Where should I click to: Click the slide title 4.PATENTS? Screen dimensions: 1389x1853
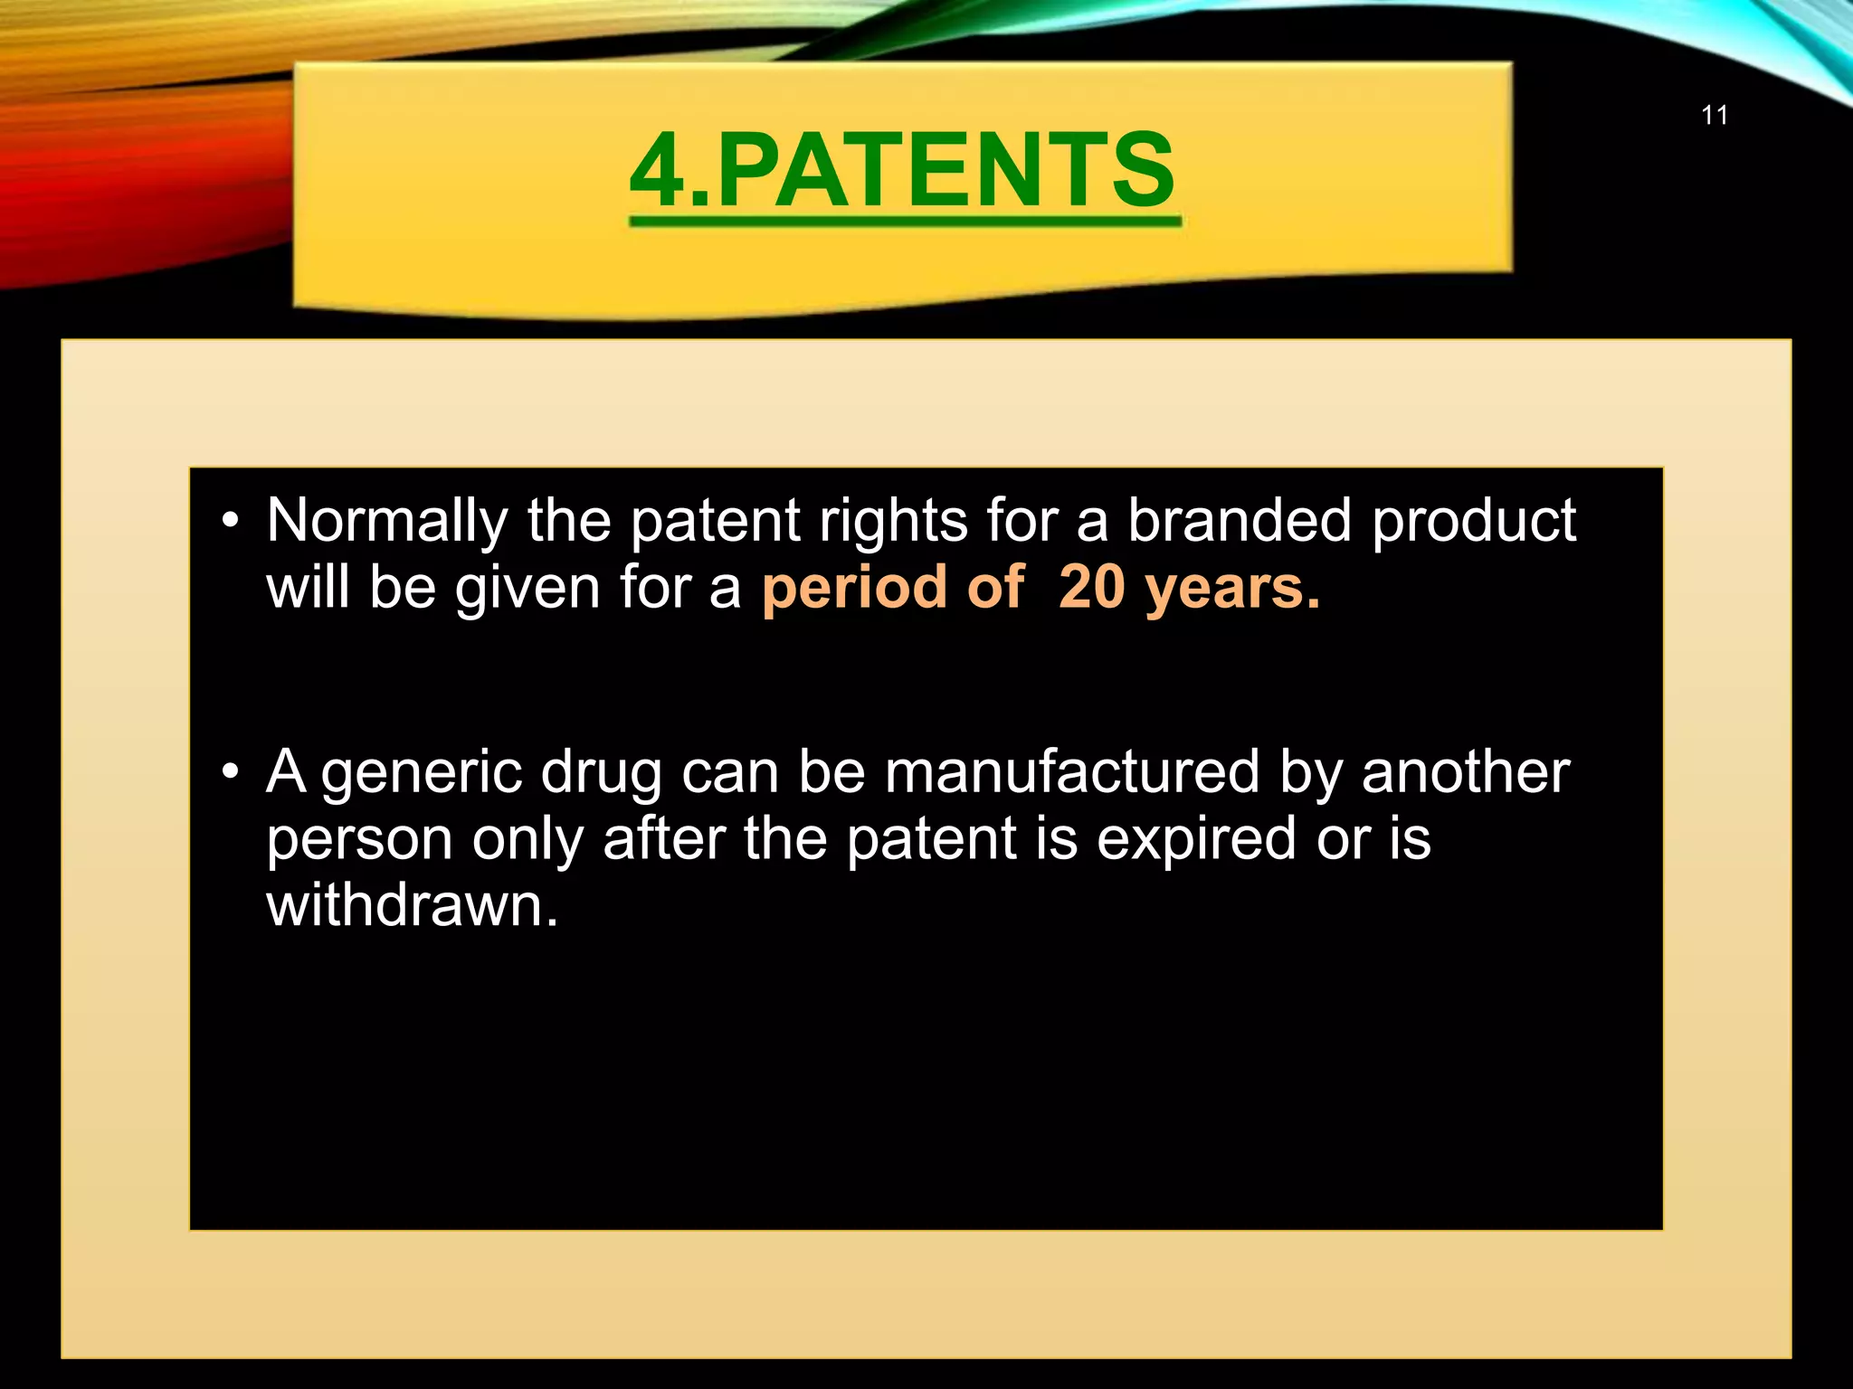[x=903, y=170]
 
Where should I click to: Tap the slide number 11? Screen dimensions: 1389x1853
[x=1715, y=116]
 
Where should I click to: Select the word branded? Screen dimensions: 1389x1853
[x=1240, y=522]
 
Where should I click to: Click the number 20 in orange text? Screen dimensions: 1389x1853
[x=1091, y=588]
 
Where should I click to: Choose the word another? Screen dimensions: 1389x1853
[x=1465, y=773]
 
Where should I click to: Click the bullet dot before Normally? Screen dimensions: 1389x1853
[x=231, y=522]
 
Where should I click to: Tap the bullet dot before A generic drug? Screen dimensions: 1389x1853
[x=231, y=772]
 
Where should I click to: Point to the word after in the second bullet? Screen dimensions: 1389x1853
[x=663, y=838]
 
